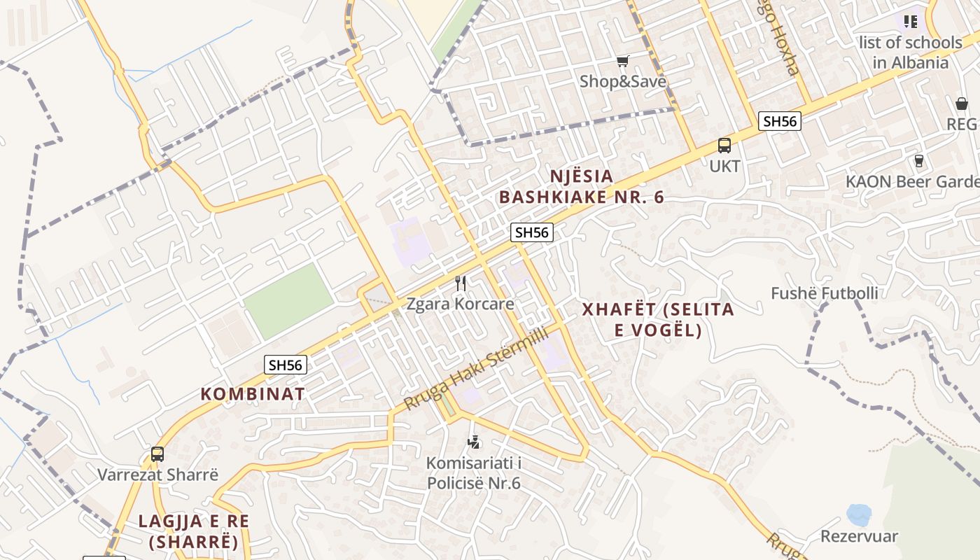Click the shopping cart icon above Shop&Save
coord(622,62)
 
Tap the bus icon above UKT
coord(724,146)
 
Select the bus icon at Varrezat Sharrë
coord(157,454)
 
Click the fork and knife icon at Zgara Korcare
coord(461,283)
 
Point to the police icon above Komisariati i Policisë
coord(474,442)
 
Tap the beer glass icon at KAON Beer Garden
coord(919,161)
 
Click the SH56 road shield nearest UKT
coord(780,121)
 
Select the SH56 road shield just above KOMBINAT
coord(286,365)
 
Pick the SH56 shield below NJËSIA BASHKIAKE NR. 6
coord(532,232)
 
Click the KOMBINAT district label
coord(253,394)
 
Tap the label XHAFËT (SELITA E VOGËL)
coord(658,319)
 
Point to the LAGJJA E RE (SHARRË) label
coord(193,531)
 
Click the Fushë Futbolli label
coord(824,293)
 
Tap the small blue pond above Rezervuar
coord(858,515)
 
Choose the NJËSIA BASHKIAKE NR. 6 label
coord(581,186)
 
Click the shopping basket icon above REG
coord(962,104)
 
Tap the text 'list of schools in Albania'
coord(910,52)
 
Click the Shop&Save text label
coord(622,82)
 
